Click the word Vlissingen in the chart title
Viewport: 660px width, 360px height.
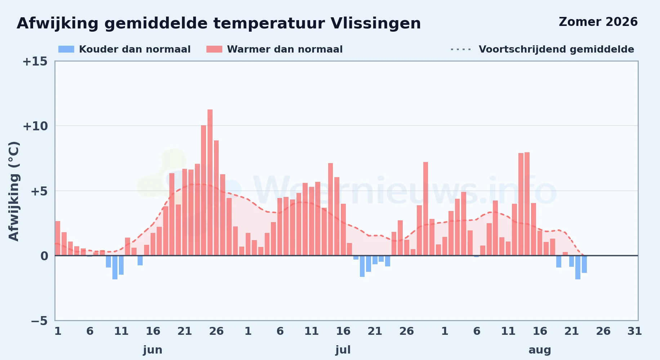pyautogui.click(x=375, y=24)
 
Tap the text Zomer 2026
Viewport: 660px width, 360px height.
pyautogui.click(x=598, y=22)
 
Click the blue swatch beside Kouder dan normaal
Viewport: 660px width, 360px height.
pyautogui.click(x=66, y=49)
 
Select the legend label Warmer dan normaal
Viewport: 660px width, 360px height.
pyautogui.click(x=285, y=49)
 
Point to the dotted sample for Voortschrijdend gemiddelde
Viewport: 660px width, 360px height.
pyautogui.click(x=461, y=49)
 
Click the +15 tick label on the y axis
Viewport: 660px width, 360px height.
pyautogui.click(x=35, y=62)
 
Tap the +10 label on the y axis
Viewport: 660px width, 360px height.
pyautogui.click(x=35, y=126)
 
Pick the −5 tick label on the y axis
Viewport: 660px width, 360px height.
pyautogui.click(x=39, y=321)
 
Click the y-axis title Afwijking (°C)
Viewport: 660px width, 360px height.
pyautogui.click(x=14, y=191)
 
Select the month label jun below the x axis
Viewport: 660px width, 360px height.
pyautogui.click(x=153, y=350)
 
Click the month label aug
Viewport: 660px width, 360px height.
pyautogui.click(x=540, y=350)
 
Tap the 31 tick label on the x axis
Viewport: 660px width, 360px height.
pyautogui.click(x=634, y=331)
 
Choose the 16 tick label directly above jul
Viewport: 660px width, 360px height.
pyautogui.click(x=343, y=331)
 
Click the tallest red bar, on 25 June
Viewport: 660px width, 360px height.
pyautogui.click(x=210, y=183)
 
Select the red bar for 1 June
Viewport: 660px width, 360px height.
pyautogui.click(x=58, y=238)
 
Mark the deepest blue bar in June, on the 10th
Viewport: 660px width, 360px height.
pyautogui.click(x=115, y=267)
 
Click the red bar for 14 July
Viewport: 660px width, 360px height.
pyautogui.click(x=330, y=210)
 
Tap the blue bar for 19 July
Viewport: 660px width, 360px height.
pyautogui.click(x=362, y=266)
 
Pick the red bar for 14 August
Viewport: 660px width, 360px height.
pyautogui.click(x=527, y=204)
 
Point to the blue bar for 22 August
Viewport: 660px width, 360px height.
pyautogui.click(x=578, y=267)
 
